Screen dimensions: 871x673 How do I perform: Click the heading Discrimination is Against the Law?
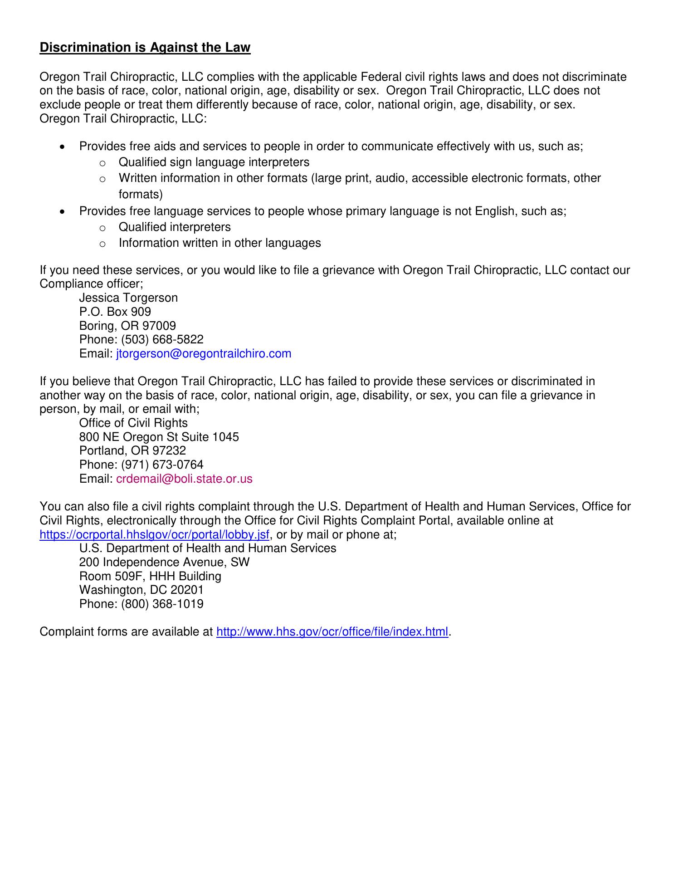click(x=145, y=48)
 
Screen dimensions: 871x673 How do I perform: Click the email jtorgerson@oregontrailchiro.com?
click(x=204, y=354)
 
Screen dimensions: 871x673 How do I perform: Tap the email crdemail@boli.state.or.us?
click(x=184, y=479)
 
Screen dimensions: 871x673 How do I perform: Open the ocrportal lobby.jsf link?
click(x=155, y=535)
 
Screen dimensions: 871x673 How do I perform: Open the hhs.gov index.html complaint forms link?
click(x=332, y=632)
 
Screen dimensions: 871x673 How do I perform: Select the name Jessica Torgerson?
click(x=128, y=298)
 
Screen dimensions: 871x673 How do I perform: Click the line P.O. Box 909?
click(x=115, y=312)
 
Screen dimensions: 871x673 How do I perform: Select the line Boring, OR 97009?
click(x=127, y=326)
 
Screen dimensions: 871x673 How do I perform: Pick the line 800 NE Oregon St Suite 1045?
click(x=159, y=437)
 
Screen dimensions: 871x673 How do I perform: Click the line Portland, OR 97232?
click(x=132, y=451)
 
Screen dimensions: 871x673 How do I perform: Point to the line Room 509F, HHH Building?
click(x=150, y=577)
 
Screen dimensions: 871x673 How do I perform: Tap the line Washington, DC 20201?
click(x=141, y=590)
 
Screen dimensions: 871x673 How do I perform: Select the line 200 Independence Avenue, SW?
click(x=164, y=563)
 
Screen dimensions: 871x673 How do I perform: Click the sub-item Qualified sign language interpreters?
click(x=214, y=162)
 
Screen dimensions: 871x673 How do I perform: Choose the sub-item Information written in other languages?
click(x=219, y=243)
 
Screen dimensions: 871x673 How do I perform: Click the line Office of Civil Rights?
click(x=133, y=423)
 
